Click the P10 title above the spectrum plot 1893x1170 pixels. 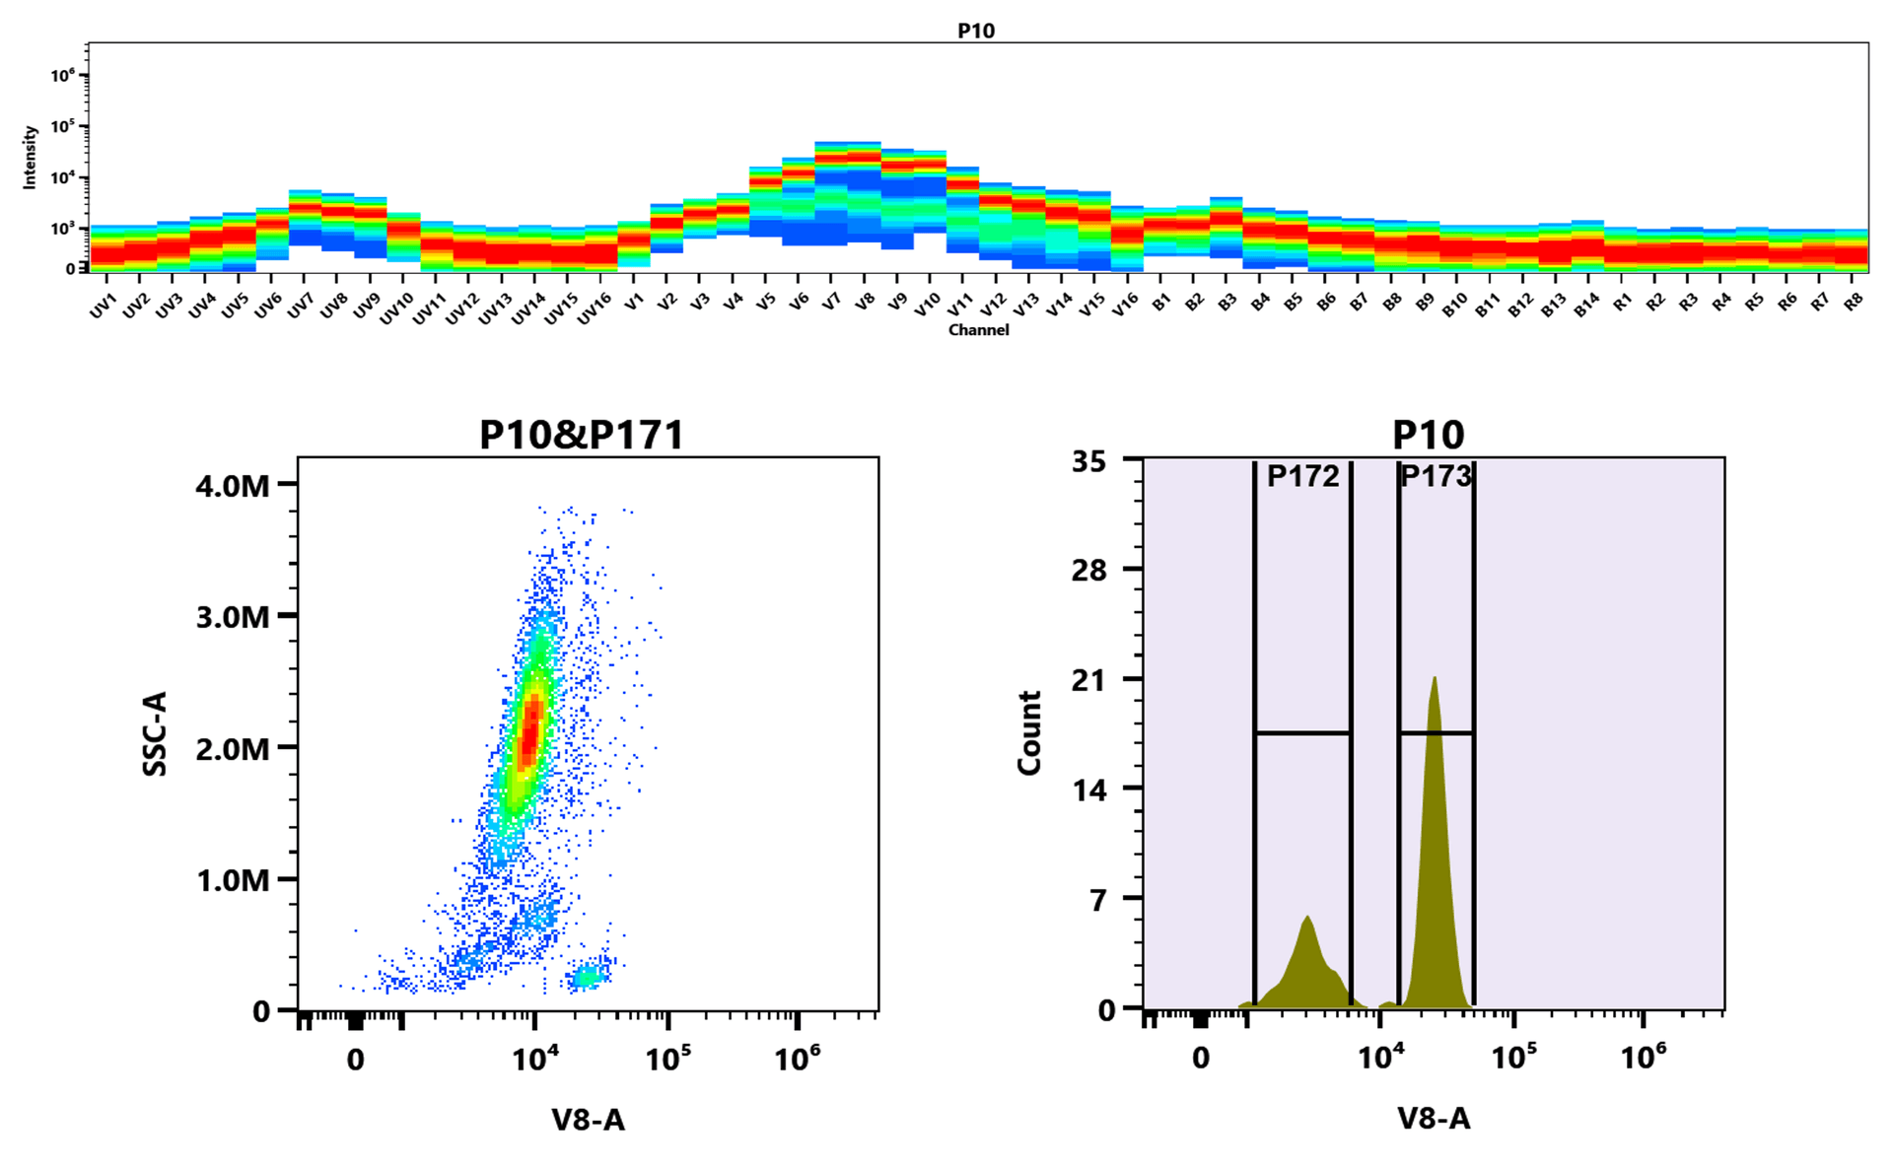[976, 31]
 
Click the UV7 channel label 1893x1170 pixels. [301, 307]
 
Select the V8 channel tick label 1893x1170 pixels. [865, 302]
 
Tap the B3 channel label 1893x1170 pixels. [1227, 302]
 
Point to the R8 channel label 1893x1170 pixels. [1854, 302]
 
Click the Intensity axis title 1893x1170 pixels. [30, 157]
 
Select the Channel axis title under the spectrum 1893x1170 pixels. [978, 330]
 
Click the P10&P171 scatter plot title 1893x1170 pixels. [581, 435]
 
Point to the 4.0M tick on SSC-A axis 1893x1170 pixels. [233, 485]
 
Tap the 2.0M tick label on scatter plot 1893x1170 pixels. [233, 749]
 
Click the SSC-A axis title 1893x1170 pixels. [155, 733]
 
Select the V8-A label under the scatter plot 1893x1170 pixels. [588, 1119]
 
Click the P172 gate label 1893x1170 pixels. [1302, 477]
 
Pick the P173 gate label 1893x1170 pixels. [1436, 477]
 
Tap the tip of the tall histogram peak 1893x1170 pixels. [1435, 678]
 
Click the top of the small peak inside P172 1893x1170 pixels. [1307, 918]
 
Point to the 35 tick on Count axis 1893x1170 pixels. [1088, 461]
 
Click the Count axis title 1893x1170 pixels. [1029, 733]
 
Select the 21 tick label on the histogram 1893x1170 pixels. [1088, 680]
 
